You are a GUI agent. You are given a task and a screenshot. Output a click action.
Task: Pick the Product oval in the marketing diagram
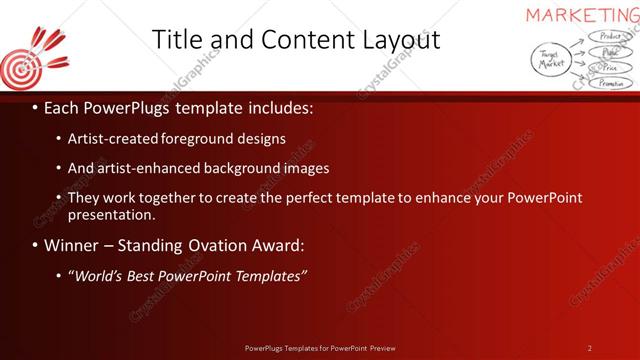[606, 36]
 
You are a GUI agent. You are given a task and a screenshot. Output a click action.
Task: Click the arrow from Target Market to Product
[577, 43]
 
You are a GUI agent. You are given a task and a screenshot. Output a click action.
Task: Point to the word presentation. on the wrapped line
[112, 214]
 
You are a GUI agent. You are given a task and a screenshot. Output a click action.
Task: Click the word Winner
[71, 245]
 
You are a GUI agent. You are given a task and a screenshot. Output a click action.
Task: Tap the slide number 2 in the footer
[589, 348]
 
